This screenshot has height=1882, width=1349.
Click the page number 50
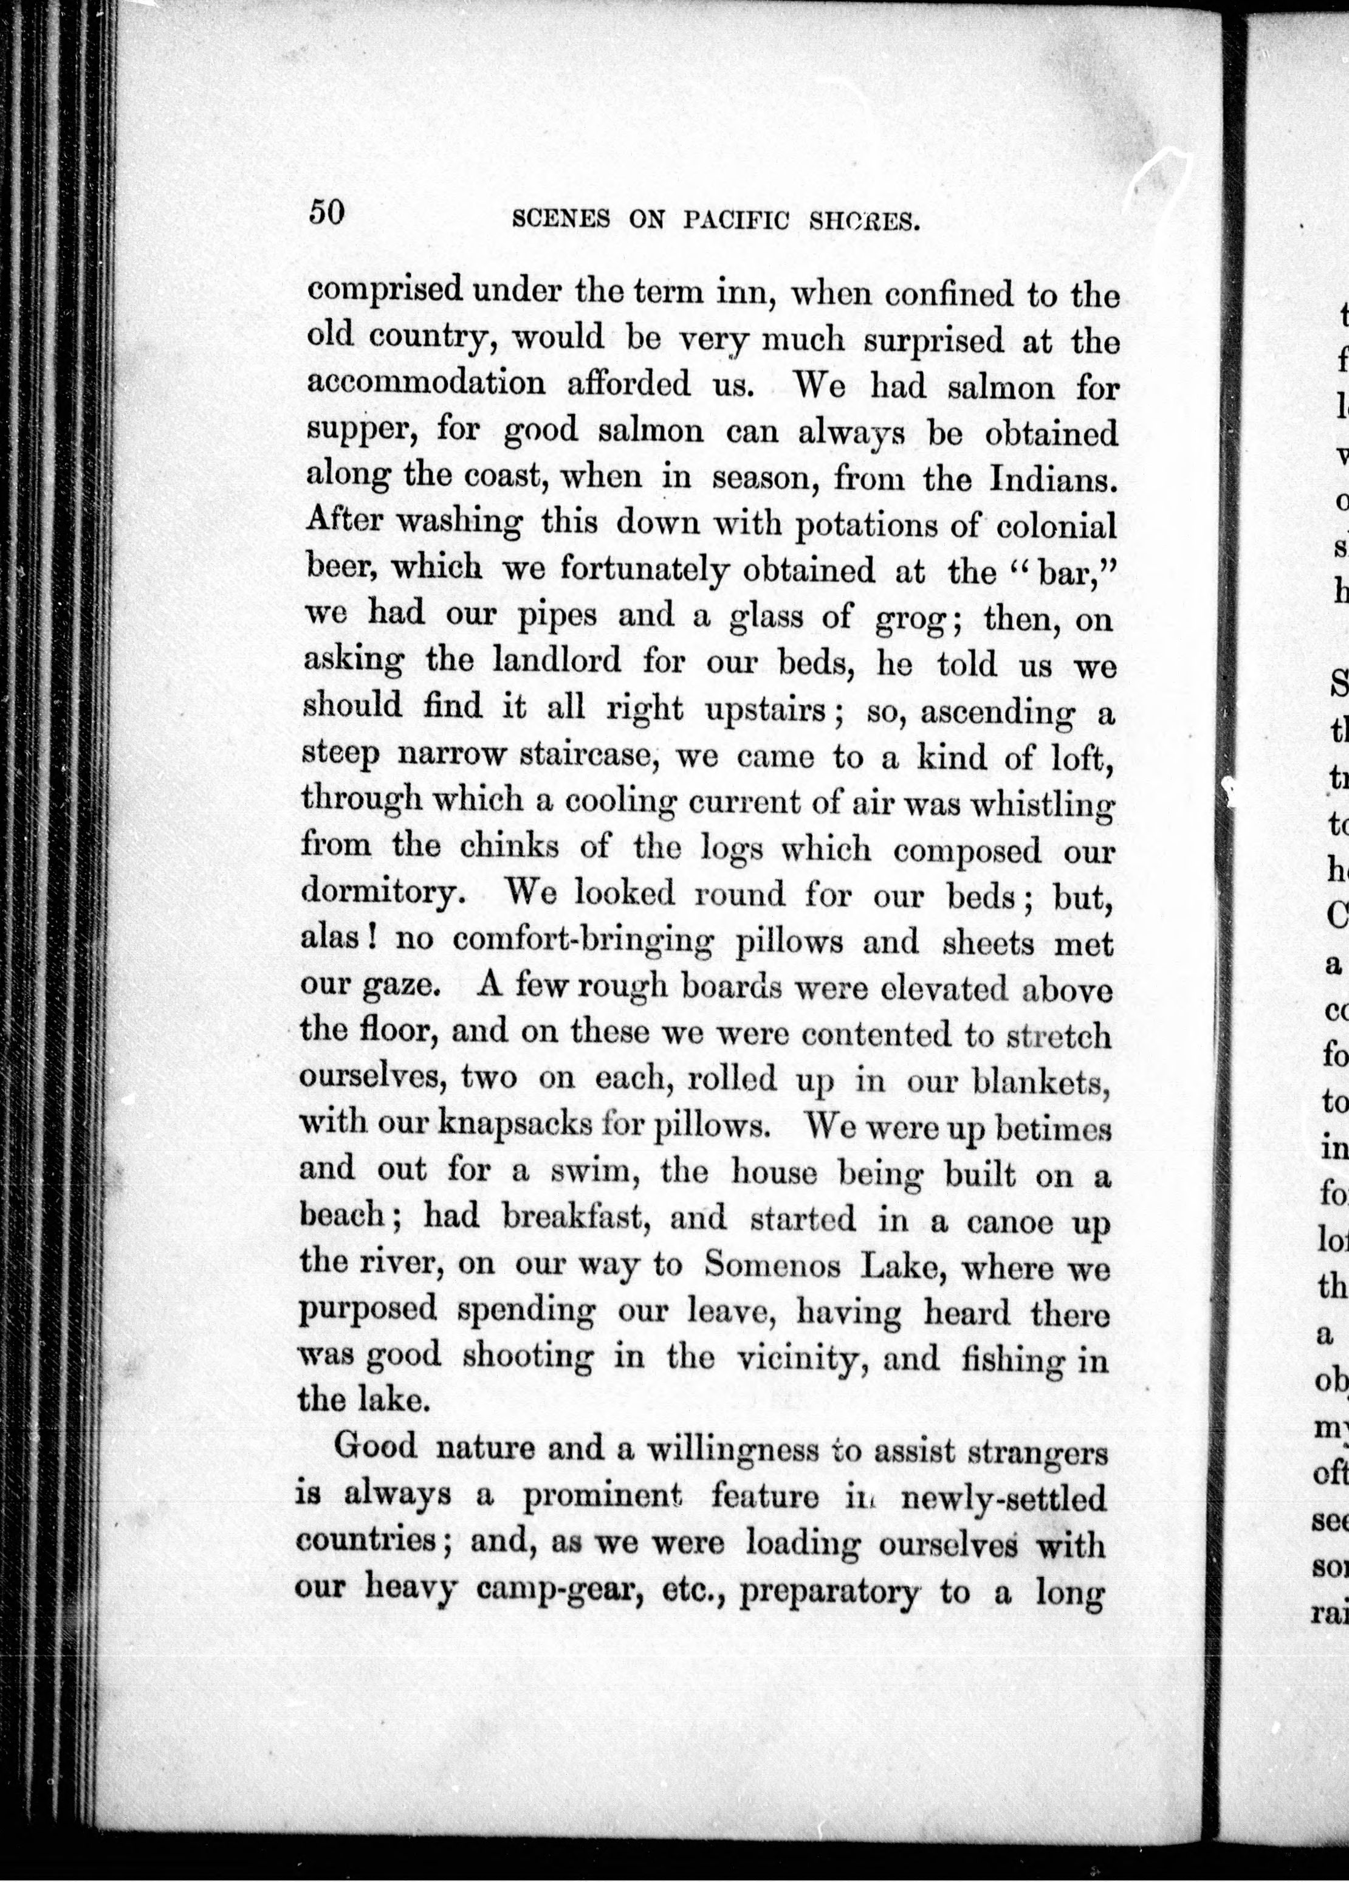pos(326,212)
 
